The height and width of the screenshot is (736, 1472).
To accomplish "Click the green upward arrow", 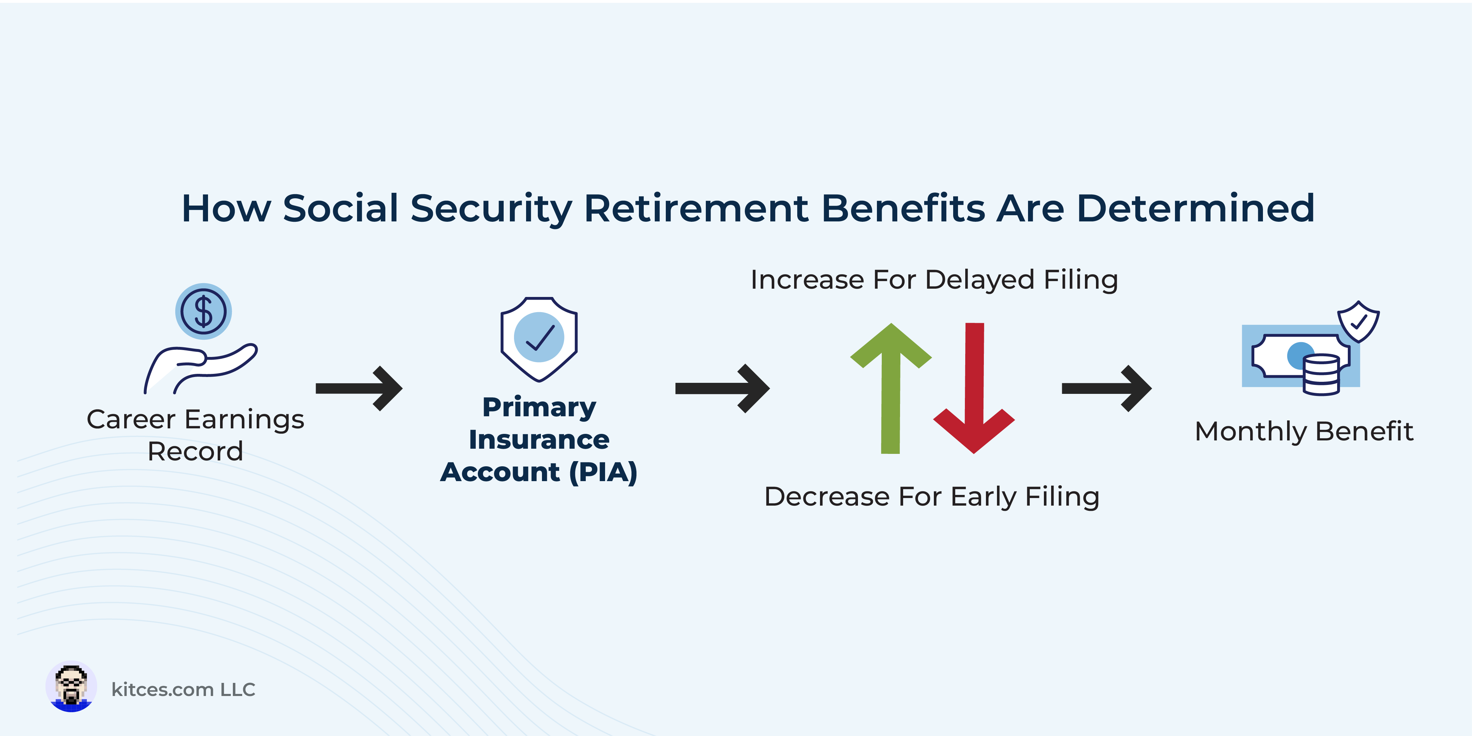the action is tap(891, 389).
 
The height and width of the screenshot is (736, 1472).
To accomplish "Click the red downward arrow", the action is tap(974, 389).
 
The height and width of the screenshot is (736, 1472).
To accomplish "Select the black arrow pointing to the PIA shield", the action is tap(359, 389).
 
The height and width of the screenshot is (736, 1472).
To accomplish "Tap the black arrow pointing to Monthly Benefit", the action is tap(1106, 389).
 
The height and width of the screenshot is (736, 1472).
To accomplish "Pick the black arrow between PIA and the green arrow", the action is tap(722, 389).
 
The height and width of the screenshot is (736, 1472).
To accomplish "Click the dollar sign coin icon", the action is tap(204, 311).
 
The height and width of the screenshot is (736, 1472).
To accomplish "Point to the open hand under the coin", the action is tap(200, 369).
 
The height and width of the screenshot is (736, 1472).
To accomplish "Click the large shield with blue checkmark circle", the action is tap(539, 339).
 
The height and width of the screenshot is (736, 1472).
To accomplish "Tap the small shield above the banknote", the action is tap(1358, 321).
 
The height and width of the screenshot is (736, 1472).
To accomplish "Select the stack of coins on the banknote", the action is tap(1321, 375).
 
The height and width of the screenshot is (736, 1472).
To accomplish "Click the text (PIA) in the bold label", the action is tap(603, 473).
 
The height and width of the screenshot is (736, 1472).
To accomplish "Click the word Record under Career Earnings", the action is tap(196, 451).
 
